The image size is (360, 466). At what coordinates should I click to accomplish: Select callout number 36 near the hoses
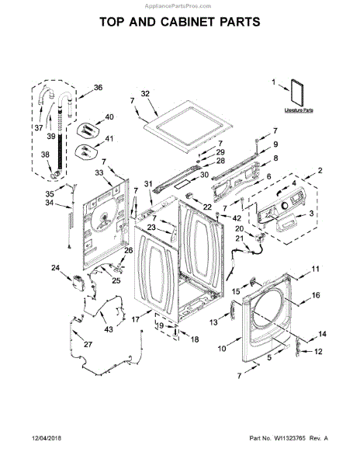tap(98, 87)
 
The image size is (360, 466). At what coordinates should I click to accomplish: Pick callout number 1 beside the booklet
tap(274, 81)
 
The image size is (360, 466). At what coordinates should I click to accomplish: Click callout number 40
tap(109, 117)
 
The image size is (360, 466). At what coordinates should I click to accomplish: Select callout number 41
tap(108, 140)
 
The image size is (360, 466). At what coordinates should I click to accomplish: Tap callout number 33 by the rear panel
tap(99, 172)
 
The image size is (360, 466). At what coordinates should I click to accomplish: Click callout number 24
tap(55, 268)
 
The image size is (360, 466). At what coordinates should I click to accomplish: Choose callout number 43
tap(108, 329)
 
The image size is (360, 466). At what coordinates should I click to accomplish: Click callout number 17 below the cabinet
tap(135, 319)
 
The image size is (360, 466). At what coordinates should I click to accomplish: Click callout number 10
tap(222, 349)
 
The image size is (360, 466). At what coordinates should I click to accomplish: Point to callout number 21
tap(239, 238)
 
